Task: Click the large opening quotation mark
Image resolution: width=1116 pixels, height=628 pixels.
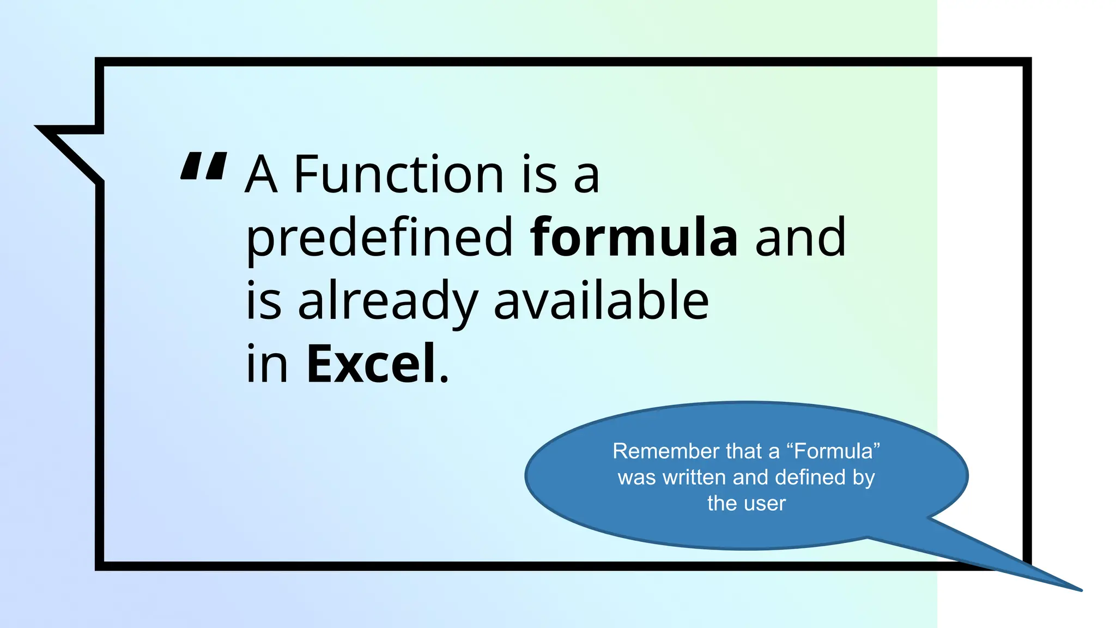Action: (203, 166)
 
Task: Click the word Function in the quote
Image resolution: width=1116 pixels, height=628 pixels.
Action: (399, 175)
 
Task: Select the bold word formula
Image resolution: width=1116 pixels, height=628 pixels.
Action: (634, 238)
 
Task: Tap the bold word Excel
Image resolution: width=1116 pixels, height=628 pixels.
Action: (371, 364)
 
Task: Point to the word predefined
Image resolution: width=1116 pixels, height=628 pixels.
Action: (380, 239)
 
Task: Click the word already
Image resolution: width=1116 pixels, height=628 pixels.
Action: (387, 301)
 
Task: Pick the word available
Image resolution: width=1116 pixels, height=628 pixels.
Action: (601, 300)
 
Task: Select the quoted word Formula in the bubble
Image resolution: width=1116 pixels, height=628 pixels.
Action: (833, 451)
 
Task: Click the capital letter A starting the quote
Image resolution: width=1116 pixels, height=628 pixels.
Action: (261, 175)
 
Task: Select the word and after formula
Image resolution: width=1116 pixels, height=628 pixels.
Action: (800, 238)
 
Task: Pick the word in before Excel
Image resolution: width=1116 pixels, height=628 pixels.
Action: (266, 364)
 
